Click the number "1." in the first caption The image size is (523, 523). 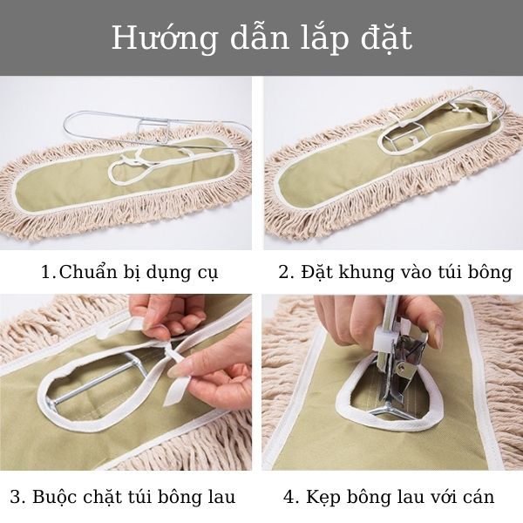pos(49,272)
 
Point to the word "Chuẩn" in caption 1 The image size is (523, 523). pos(89,272)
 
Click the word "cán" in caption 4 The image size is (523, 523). pos(476,498)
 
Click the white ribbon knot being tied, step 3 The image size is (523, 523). pos(166,349)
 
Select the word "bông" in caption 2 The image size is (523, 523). pos(488,272)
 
